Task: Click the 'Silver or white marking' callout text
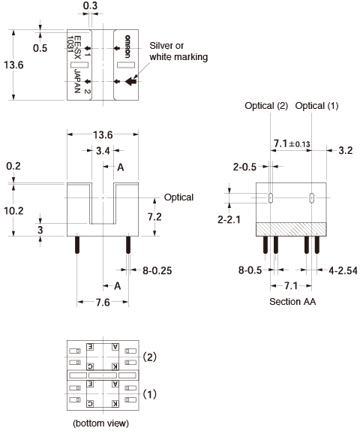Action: tap(178, 51)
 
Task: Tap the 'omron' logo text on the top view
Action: tap(127, 47)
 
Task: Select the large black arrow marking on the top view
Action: tap(130, 81)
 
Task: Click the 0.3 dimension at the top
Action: tap(91, 5)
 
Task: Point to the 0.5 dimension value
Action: tap(40, 48)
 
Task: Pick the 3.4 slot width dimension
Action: tap(103, 151)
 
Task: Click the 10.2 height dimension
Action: tap(13, 211)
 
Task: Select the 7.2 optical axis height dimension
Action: tap(154, 217)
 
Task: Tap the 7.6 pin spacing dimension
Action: tap(103, 303)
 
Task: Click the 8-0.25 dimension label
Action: tap(157, 270)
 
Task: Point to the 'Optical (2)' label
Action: tap(266, 106)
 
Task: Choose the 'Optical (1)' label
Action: tap(316, 106)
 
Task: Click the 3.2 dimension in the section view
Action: tap(346, 151)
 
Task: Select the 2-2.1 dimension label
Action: tap(229, 219)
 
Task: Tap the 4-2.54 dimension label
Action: tap(343, 270)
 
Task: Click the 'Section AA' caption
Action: tap(292, 301)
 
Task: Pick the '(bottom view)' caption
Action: tap(101, 423)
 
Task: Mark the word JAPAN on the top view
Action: tap(77, 81)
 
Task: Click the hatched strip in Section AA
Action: tap(291, 229)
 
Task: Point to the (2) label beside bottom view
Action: tap(149, 357)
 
